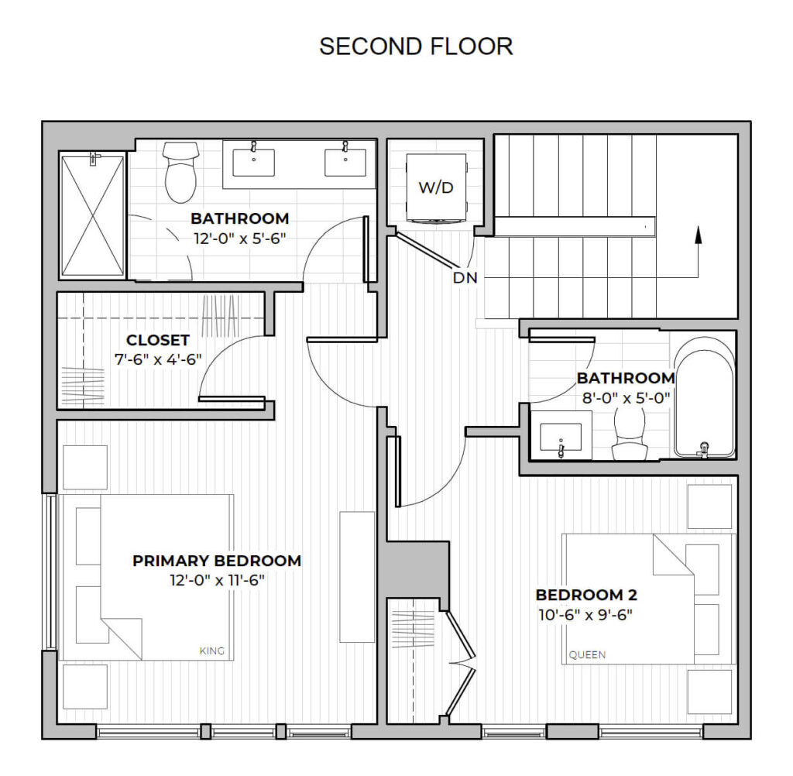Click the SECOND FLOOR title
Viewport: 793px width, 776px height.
point(416,46)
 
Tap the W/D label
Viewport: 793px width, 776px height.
point(437,188)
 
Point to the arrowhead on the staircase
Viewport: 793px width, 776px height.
point(699,233)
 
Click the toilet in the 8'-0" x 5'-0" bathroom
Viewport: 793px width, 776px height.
point(627,436)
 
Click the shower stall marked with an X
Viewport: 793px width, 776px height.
point(93,215)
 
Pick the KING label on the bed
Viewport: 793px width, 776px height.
point(211,651)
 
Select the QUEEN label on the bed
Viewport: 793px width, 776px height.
point(587,654)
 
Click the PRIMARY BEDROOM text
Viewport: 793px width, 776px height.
point(217,561)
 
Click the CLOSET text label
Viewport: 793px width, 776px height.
point(158,340)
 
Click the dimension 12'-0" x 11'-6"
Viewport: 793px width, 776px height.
point(217,580)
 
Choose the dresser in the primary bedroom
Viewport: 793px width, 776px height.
point(357,576)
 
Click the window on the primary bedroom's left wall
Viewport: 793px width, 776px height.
point(50,572)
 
